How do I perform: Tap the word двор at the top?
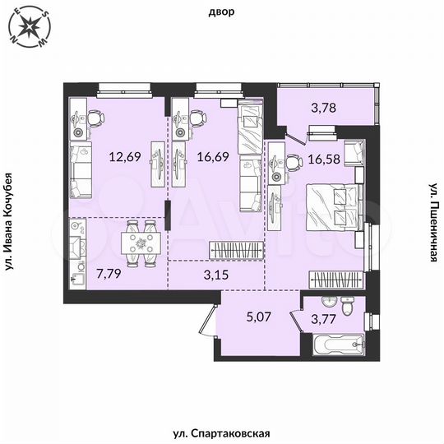tap(222, 12)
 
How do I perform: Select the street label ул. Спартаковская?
tap(222, 432)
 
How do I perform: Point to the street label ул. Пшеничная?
tap(433, 223)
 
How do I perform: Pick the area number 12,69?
tap(125, 153)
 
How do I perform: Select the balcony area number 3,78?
tap(322, 106)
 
